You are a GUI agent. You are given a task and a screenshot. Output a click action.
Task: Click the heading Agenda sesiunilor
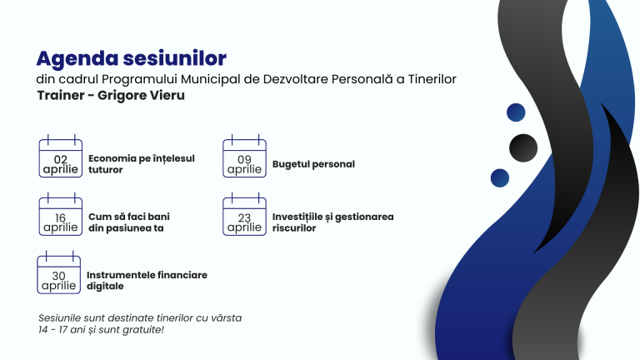point(132,59)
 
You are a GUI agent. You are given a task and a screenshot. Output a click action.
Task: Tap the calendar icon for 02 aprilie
point(60,157)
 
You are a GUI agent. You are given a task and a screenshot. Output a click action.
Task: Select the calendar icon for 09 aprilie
point(244,157)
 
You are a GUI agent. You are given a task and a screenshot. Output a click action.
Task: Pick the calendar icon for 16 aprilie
point(60,216)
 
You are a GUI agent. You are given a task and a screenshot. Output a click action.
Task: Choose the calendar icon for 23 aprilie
point(244,216)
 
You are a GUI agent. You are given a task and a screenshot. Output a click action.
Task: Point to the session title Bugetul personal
point(313,164)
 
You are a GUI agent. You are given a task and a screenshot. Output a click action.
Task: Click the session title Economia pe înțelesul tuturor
point(141,163)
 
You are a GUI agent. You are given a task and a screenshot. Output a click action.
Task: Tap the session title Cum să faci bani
point(129,222)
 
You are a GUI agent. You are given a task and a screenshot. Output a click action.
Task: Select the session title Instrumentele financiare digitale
point(147,280)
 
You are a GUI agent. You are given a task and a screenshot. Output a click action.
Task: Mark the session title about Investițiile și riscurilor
point(332,222)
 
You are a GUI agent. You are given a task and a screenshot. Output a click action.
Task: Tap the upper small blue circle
point(516,112)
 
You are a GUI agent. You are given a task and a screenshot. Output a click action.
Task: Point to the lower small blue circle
point(500,177)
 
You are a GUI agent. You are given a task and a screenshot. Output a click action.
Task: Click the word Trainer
point(61,96)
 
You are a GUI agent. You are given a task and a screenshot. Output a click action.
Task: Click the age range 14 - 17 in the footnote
point(56,330)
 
